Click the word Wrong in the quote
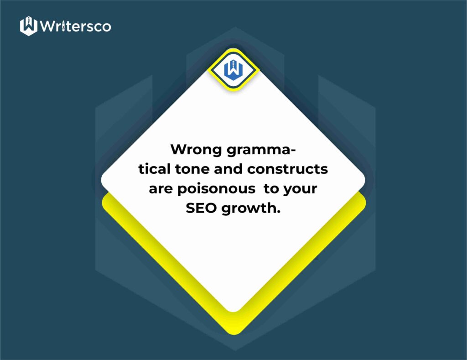click(196, 150)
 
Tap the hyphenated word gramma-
click(261, 150)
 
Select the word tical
click(154, 169)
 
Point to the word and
click(228, 169)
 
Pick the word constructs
click(287, 169)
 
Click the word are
click(161, 189)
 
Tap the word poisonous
click(217, 189)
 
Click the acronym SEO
click(201, 208)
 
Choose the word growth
click(249, 209)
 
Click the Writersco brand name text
click(75, 26)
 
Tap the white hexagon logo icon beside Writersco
click(29, 26)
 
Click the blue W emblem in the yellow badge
click(233, 70)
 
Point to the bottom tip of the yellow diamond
click(234, 334)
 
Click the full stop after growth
click(279, 212)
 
